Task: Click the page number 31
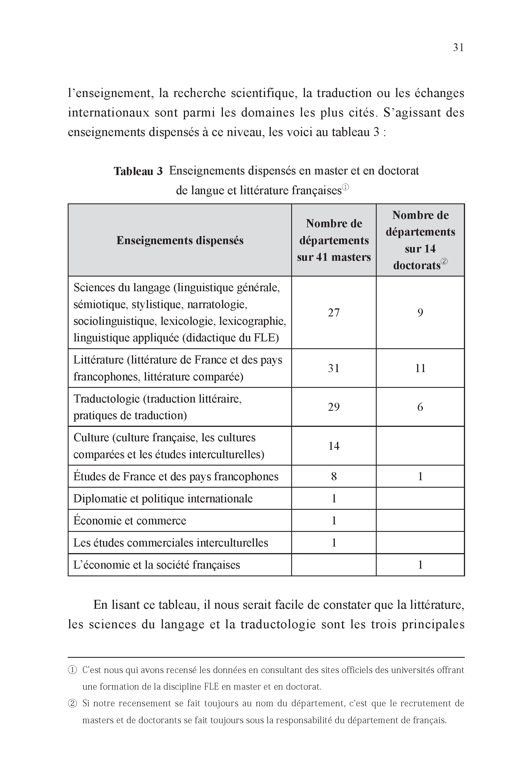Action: coord(458,48)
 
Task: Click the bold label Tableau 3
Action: coord(138,172)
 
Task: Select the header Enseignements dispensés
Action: coord(180,240)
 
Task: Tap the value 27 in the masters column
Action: coord(334,312)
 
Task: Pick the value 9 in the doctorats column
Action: coord(420,312)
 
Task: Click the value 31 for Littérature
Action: coord(334,368)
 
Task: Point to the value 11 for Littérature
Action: coord(420,368)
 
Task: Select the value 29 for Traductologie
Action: coord(334,407)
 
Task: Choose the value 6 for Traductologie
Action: coord(420,407)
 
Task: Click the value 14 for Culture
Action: coord(334,446)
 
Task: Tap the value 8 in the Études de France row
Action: coord(334,476)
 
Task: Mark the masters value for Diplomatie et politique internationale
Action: coord(334,499)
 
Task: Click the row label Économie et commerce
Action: coord(130,521)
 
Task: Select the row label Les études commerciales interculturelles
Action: coord(170,542)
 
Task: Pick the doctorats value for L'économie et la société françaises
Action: coord(420,565)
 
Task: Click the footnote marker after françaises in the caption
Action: coord(345,187)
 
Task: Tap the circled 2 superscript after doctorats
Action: coord(444,262)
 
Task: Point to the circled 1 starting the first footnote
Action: coord(72,670)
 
